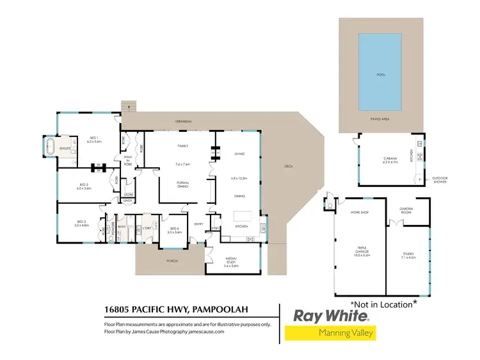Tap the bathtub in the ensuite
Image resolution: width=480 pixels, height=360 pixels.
51,147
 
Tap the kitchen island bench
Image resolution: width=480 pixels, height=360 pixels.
242,215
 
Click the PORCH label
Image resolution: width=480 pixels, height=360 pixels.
172,261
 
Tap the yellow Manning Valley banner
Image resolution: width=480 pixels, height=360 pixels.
330,332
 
